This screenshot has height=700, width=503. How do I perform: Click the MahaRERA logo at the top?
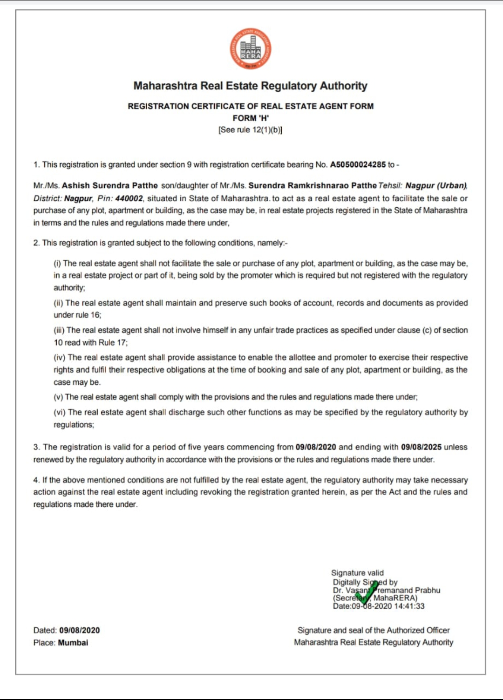(x=251, y=49)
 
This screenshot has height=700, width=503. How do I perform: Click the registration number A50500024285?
(x=358, y=164)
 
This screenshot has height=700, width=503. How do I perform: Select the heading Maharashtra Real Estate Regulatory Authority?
(x=251, y=86)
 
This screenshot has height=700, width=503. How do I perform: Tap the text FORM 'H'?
(x=251, y=118)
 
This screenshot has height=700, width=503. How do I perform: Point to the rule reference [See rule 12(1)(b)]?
(x=251, y=130)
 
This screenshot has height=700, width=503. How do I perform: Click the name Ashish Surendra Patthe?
(x=110, y=185)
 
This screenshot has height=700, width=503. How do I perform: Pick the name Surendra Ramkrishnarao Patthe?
(x=312, y=185)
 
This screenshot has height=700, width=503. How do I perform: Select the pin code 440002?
(x=129, y=198)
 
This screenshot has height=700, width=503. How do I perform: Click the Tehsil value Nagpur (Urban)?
(x=436, y=185)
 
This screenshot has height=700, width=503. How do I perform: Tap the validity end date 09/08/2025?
(x=421, y=447)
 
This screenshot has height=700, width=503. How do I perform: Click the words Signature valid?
(x=357, y=573)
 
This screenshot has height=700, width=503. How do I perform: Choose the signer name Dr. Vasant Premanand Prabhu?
(x=386, y=590)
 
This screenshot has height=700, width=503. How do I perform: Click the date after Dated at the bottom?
(x=79, y=630)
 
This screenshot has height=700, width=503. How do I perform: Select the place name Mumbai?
(x=73, y=643)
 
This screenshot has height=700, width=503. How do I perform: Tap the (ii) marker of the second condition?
(x=58, y=303)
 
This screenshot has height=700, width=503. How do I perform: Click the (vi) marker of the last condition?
(x=59, y=412)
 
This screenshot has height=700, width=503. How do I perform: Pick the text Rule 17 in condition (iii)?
(x=113, y=342)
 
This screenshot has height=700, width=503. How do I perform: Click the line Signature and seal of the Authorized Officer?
(x=374, y=630)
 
